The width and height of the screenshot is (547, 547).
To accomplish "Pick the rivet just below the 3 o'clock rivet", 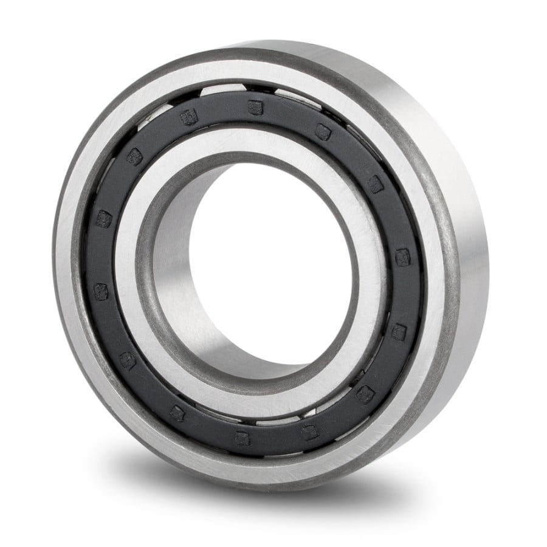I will coord(398,331).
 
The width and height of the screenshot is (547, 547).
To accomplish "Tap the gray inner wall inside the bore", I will coord(176,292).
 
